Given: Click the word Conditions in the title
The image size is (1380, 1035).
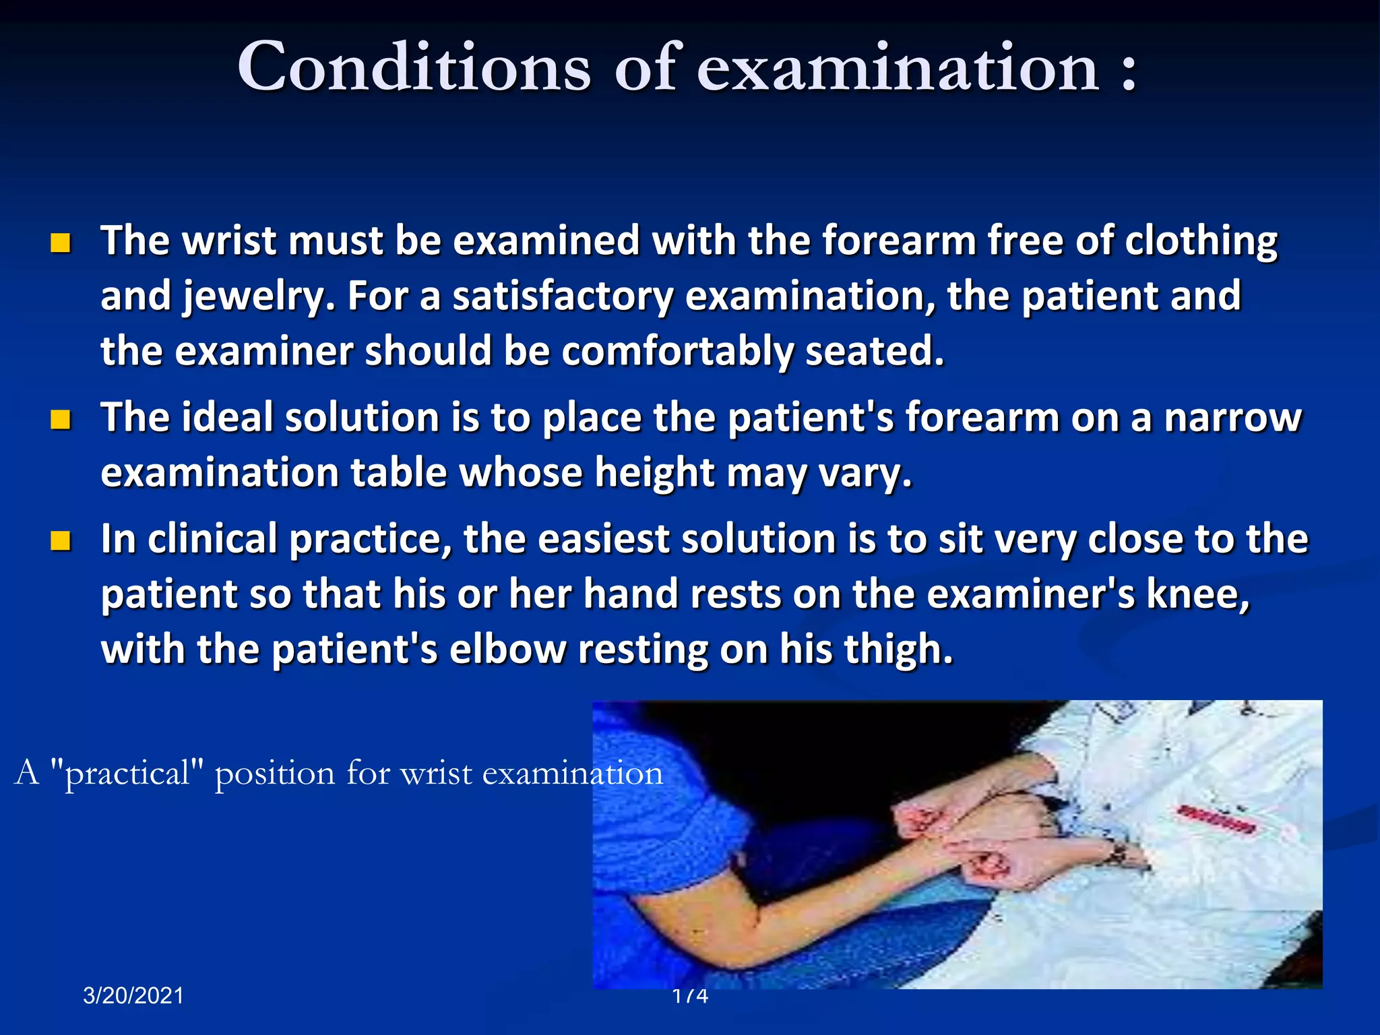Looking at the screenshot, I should pos(414,67).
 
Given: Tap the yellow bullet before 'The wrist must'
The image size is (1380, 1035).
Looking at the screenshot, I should pos(61,243).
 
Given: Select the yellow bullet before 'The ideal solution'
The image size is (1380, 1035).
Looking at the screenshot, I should pos(61,419).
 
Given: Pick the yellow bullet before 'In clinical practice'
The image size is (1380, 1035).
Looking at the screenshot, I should pos(61,540).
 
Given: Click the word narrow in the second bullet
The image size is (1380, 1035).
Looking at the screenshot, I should pos(1232,418).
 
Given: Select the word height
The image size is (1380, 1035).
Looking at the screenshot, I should pos(654,474).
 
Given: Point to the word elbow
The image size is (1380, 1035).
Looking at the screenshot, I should pos(507,650).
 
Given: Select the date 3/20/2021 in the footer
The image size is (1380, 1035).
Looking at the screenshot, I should pos(133,995).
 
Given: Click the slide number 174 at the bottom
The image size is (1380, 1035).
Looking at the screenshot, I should pos(690,995).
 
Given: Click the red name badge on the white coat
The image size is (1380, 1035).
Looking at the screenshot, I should pos(1216,819).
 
